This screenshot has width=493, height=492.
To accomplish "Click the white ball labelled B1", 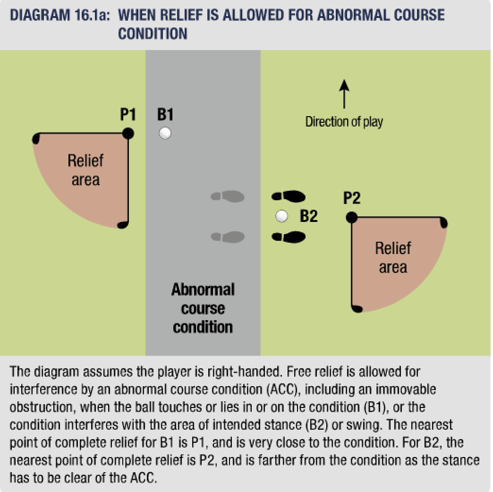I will coord(165,133).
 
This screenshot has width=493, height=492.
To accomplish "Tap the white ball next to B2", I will coord(282,216).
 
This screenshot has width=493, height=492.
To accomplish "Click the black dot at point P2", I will coord(351,217).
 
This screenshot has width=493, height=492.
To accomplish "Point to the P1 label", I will coord(128,115).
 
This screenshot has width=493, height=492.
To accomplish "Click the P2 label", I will coord(352,198).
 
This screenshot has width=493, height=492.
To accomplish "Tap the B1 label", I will coord(165,115).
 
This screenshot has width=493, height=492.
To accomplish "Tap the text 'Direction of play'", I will coord(344,122).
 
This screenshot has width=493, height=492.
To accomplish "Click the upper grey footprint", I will coord(228,196).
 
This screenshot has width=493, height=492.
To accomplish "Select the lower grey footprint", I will coord(228,236).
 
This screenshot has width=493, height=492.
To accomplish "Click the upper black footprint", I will coord(289,196).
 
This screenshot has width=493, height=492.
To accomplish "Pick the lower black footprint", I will coord(289,237).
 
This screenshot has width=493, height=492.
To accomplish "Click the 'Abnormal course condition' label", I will coord(203,308).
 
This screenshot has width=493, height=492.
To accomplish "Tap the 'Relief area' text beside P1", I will coord(85,170).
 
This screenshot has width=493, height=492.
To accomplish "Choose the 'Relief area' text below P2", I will coord(393,258).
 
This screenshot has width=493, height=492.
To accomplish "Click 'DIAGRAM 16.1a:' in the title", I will coord(60,16).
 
